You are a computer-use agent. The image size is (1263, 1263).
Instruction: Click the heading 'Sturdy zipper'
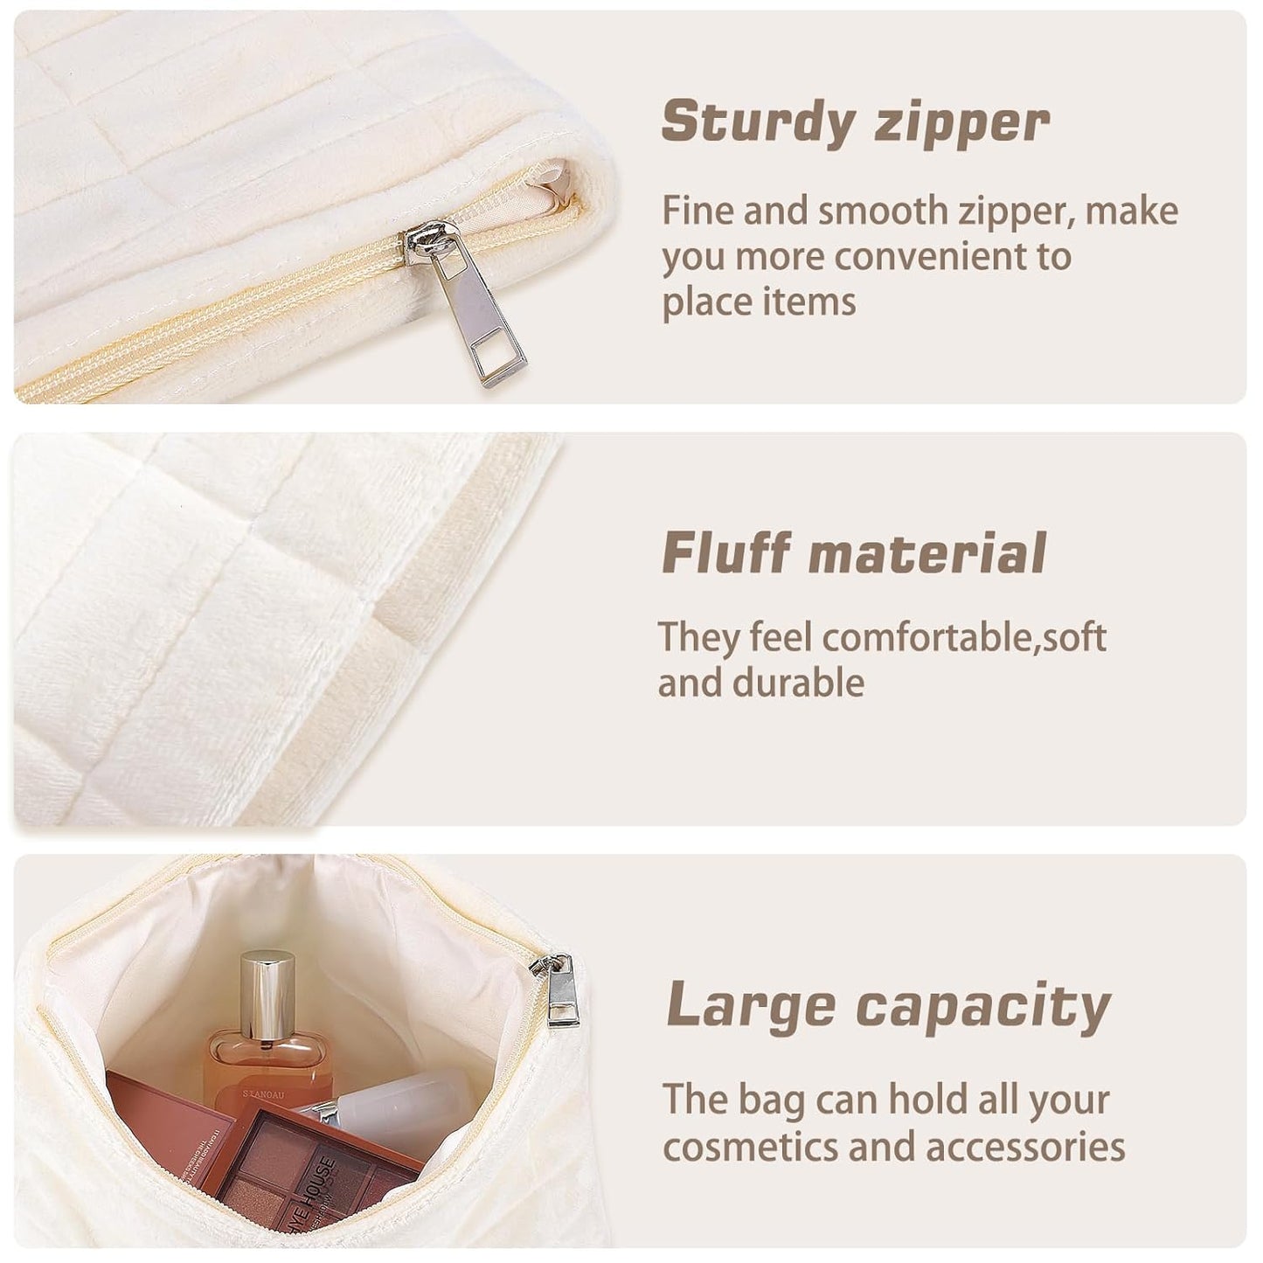pyautogui.click(x=854, y=122)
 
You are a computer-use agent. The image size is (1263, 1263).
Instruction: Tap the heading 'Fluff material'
pyautogui.click(x=853, y=553)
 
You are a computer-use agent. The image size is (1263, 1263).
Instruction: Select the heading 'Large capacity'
pyautogui.click(x=887, y=1006)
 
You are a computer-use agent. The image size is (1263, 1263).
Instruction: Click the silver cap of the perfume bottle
pyautogui.click(x=267, y=996)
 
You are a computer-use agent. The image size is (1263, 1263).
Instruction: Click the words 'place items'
pyautogui.click(x=759, y=302)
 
